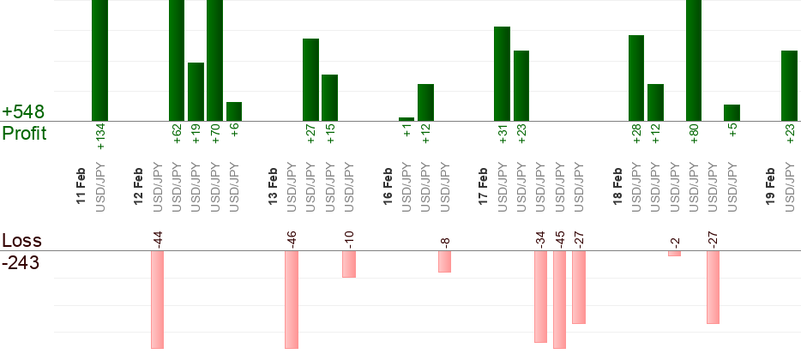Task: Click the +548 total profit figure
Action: tap(23, 112)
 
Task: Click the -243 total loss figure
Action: tap(21, 263)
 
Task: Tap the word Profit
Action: tap(24, 134)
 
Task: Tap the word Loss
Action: tap(21, 241)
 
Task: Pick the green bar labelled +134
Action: tap(99, 60)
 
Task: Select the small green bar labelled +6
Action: tap(234, 111)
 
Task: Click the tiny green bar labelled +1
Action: tap(407, 119)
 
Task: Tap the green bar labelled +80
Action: tap(694, 60)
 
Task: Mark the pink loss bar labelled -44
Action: tap(157, 299)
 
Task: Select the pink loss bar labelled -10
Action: tap(349, 264)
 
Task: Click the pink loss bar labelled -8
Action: tap(444, 261)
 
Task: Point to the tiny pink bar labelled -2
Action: tap(674, 254)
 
